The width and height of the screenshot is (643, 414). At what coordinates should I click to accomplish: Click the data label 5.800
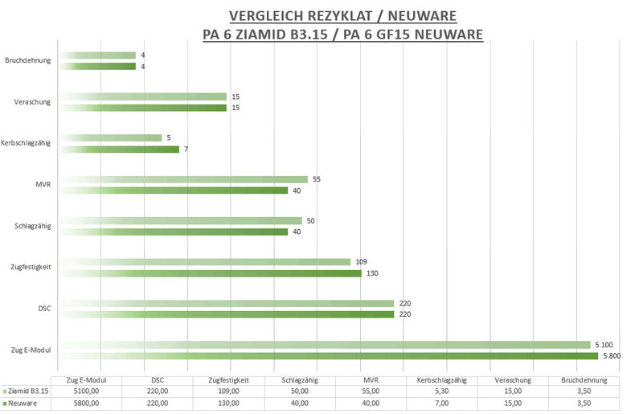click(613, 356)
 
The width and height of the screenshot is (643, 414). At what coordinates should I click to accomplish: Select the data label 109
click(361, 262)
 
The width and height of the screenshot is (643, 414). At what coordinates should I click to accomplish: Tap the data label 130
click(372, 273)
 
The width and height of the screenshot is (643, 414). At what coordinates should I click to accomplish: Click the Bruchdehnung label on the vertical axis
click(28, 60)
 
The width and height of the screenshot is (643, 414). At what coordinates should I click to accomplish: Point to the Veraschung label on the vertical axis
click(33, 102)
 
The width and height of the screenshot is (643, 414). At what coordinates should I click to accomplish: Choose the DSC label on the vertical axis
click(45, 309)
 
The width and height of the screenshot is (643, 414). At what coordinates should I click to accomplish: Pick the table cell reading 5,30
click(442, 391)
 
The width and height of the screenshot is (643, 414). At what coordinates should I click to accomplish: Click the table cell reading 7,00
click(442, 404)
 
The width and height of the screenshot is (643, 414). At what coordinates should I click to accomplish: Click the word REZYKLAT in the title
click(333, 16)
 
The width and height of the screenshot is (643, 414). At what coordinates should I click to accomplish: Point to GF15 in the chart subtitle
click(391, 35)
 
